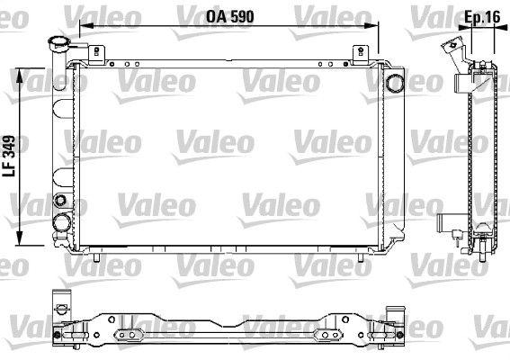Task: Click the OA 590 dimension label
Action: click(x=230, y=17)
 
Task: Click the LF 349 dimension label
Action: click(x=9, y=156)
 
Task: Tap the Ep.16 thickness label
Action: click(x=482, y=17)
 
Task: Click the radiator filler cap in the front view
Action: click(x=58, y=42)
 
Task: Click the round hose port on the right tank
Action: click(x=395, y=83)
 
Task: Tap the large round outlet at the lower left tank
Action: click(x=61, y=222)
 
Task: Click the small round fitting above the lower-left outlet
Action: click(x=60, y=200)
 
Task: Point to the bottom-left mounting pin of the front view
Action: click(x=96, y=257)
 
